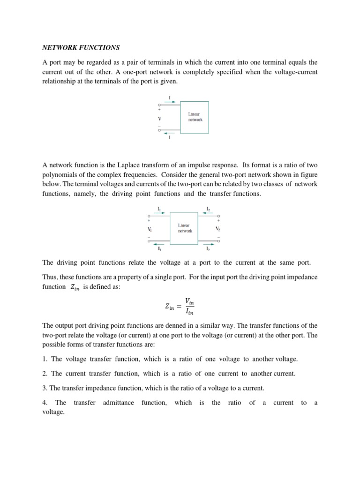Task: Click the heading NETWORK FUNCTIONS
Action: click(x=81, y=47)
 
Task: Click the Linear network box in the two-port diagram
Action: click(x=185, y=228)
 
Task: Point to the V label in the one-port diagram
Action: click(x=159, y=118)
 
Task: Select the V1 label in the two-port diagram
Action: click(x=150, y=229)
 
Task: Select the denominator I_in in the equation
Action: click(x=189, y=312)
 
